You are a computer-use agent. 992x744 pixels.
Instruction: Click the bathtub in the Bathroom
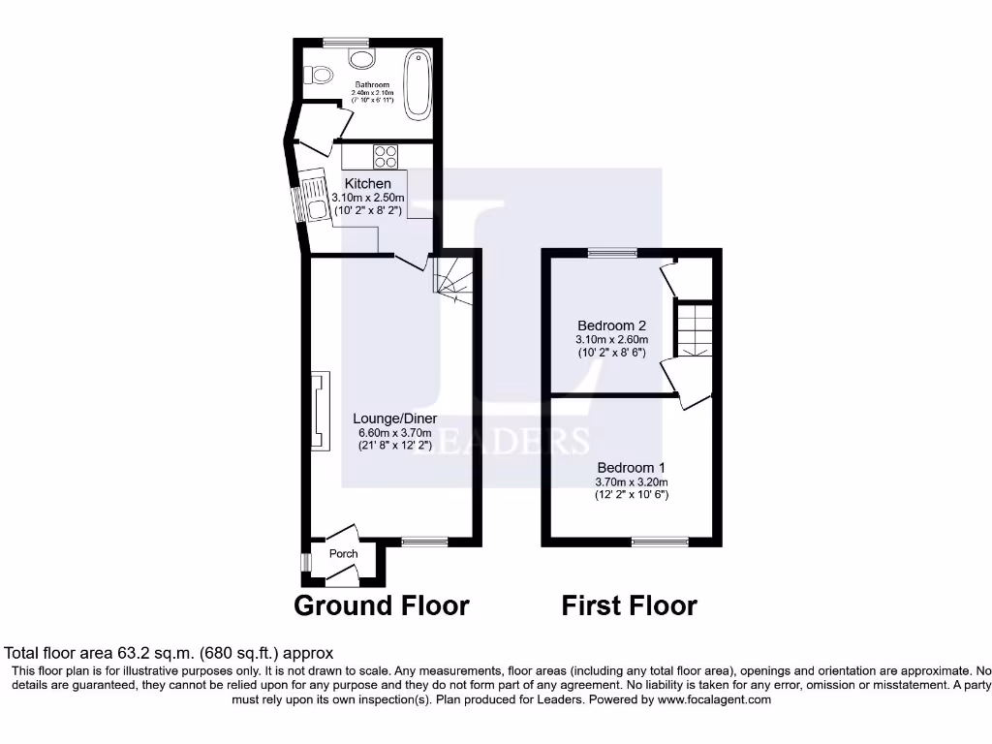pyautogui.click(x=418, y=83)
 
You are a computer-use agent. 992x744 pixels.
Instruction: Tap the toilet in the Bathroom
pyautogui.click(x=315, y=74)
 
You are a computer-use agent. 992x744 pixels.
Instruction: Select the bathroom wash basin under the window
pyautogui.click(x=361, y=59)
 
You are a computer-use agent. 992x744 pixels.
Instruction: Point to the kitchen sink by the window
pyautogui.click(x=314, y=198)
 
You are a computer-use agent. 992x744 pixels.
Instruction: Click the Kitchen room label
pyautogui.click(x=368, y=183)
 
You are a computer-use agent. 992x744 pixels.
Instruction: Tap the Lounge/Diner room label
pyautogui.click(x=388, y=418)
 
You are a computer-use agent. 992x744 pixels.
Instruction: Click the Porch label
pyautogui.click(x=343, y=553)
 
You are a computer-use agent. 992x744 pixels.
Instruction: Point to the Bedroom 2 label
pyautogui.click(x=611, y=325)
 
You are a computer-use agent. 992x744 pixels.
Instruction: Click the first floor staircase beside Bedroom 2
pyautogui.click(x=694, y=328)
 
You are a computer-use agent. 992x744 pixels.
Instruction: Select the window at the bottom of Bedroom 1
pyautogui.click(x=660, y=542)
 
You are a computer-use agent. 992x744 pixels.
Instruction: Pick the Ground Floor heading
pyautogui.click(x=381, y=605)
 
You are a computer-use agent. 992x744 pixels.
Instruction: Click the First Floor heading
pyautogui.click(x=629, y=605)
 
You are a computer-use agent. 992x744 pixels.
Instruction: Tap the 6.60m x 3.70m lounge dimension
pyautogui.click(x=388, y=432)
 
